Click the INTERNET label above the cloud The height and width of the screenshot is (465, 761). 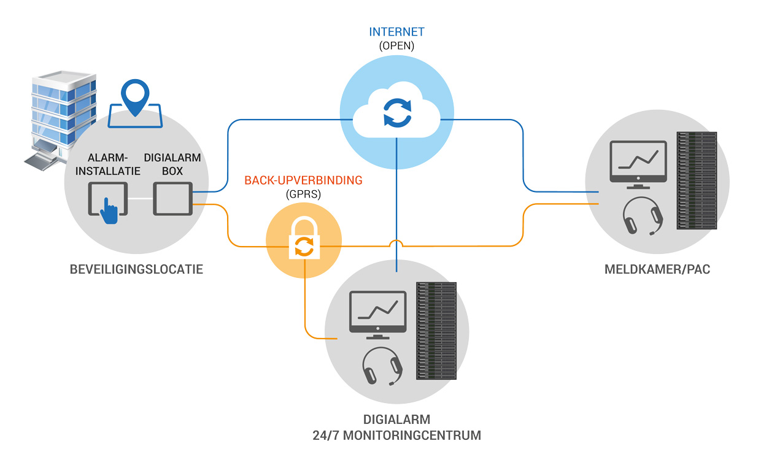point(396,32)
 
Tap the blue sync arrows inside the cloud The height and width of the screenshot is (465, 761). point(397,113)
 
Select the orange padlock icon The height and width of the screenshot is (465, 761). point(304,238)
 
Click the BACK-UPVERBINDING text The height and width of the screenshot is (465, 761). point(303,180)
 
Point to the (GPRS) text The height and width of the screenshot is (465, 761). point(303,194)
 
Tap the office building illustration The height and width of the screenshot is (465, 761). point(61,120)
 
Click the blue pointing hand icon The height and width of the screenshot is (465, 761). point(109,210)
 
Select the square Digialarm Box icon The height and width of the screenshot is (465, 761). point(172,199)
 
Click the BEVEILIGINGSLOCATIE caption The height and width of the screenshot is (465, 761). point(136,269)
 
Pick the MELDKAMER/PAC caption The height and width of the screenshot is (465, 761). point(657,269)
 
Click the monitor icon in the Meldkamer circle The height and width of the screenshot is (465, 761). point(638,164)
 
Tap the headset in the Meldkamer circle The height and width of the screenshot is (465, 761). point(643,216)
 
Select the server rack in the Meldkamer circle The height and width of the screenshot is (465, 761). point(697,180)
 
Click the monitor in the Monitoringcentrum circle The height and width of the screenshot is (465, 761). point(378,315)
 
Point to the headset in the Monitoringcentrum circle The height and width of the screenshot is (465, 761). point(382,366)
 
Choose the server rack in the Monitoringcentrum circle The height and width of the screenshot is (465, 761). point(436,331)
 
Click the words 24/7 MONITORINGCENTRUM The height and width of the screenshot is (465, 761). point(397,436)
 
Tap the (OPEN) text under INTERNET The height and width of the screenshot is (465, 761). point(396,46)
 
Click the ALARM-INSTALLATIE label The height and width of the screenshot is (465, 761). point(107,164)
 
